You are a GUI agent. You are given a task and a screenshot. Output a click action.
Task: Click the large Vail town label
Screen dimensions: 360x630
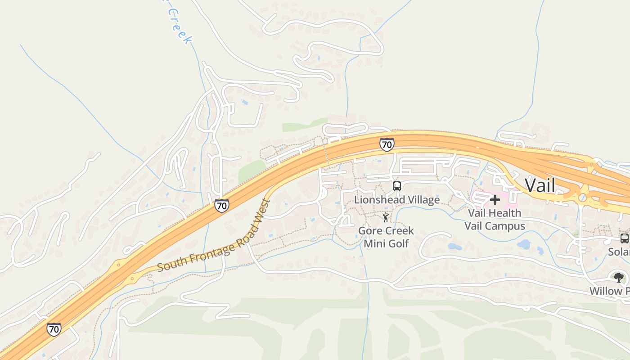point(540,185)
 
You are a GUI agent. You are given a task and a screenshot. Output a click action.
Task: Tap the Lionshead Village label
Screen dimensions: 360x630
point(396,199)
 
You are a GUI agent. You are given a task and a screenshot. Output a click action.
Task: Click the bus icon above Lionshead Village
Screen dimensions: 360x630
point(396,186)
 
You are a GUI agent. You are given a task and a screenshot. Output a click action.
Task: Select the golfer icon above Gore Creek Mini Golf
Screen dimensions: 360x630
point(386,218)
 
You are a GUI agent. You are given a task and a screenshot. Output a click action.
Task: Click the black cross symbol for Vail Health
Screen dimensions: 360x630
point(495,199)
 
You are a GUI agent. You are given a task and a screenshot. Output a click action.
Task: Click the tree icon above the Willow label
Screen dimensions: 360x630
point(619,277)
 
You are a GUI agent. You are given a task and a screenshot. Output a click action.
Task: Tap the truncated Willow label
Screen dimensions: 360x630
point(609,291)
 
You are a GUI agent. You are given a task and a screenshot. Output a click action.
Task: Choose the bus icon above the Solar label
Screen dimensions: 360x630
point(624,238)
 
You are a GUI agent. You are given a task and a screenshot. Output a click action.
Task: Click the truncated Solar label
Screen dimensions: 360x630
point(619,252)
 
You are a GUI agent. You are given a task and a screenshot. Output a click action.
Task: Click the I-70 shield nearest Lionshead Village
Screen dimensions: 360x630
point(387,144)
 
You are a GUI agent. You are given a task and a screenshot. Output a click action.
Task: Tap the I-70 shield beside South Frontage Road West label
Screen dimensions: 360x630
point(221,206)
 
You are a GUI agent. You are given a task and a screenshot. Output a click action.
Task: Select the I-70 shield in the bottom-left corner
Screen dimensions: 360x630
point(54,329)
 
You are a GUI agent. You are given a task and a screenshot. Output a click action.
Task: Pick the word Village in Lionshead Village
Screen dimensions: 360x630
point(420,199)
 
